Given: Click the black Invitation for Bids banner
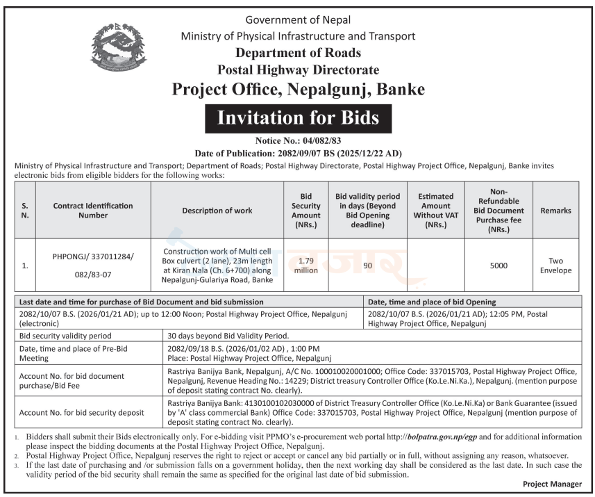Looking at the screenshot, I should (298, 118).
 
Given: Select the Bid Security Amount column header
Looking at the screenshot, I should (305, 211).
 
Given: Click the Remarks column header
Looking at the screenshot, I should (555, 211).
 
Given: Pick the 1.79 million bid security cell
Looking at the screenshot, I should (305, 266).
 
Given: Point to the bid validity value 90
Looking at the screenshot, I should (367, 266).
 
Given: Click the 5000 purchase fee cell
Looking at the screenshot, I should (498, 266).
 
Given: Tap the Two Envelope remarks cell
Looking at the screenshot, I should (555, 266).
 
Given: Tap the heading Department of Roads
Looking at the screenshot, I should (298, 53).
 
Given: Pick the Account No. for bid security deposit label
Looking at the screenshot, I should (82, 413).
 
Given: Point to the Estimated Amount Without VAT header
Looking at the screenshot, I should (436, 211).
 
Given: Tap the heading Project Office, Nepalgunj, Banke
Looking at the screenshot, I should (298, 90).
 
